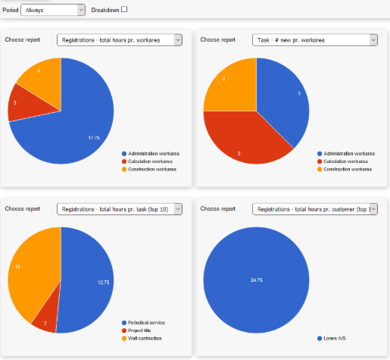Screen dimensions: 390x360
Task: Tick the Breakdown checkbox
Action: point(124,9)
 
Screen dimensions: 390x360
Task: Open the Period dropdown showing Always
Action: point(53,10)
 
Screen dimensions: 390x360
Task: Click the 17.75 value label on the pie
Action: point(94,138)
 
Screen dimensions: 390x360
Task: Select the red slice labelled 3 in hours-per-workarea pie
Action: point(30,104)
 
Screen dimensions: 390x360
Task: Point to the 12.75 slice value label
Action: point(104,282)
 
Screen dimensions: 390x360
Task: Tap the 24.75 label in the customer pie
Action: point(257,280)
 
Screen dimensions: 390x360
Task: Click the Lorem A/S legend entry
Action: point(332,338)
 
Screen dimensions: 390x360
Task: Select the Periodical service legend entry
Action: point(143,323)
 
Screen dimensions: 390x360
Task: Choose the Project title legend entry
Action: point(136,330)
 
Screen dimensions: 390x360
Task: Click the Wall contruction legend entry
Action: point(142,338)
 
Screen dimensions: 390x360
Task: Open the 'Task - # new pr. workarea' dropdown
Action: point(315,40)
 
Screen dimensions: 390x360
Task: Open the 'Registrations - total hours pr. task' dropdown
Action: point(120,209)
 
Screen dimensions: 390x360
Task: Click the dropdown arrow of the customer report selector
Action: point(373,209)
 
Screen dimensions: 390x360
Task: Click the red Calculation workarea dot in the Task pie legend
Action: point(320,161)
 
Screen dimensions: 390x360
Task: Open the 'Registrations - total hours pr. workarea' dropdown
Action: point(120,40)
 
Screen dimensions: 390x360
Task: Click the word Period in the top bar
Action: point(11,10)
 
